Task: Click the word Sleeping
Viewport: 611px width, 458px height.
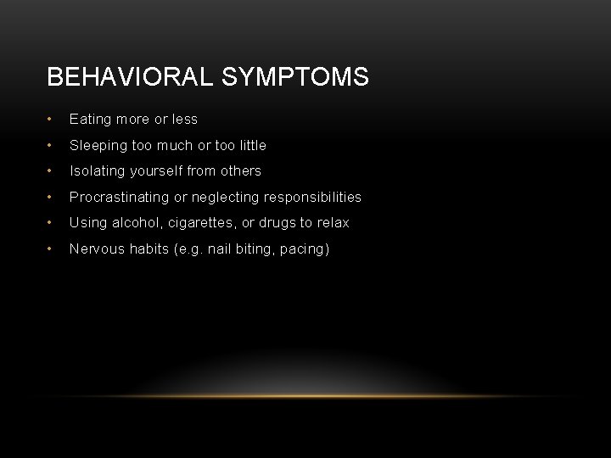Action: [x=98, y=145]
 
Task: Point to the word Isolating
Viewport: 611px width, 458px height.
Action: [x=95, y=170]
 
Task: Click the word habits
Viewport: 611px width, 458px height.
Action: [x=147, y=249]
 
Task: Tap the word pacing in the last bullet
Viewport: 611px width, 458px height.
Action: [x=303, y=249]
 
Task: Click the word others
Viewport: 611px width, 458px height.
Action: [x=242, y=170]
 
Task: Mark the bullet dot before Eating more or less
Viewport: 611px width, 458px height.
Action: [x=53, y=120]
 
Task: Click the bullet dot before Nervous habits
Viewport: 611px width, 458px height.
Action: [x=53, y=249]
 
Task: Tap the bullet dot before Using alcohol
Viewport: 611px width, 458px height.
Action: [x=53, y=222]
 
